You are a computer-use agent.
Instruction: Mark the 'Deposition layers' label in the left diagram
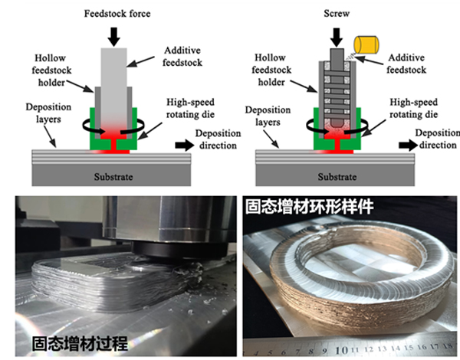coord(33,115)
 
